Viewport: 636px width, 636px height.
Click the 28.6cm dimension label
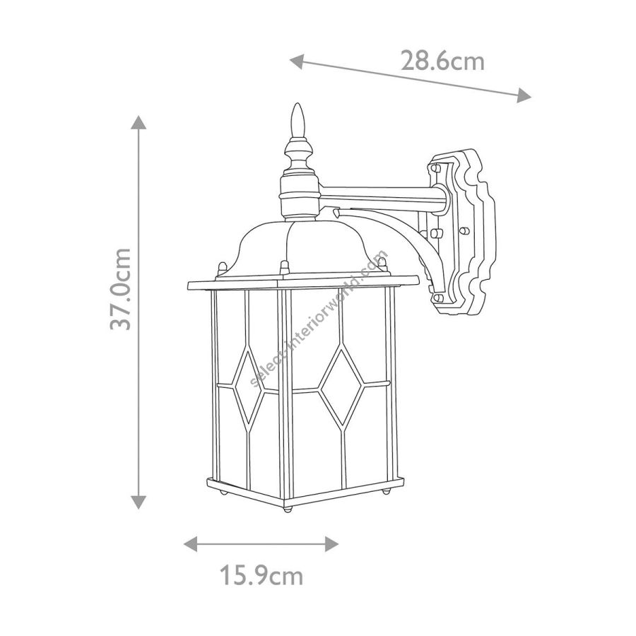[442, 61]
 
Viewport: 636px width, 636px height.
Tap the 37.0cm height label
[121, 289]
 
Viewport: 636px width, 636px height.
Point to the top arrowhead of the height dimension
[139, 122]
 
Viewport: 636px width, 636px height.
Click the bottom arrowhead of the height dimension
[139, 502]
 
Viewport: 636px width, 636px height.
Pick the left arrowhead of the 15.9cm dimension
[190, 543]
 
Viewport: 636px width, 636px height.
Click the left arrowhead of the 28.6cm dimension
[297, 61]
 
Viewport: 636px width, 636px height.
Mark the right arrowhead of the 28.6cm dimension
[524, 95]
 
